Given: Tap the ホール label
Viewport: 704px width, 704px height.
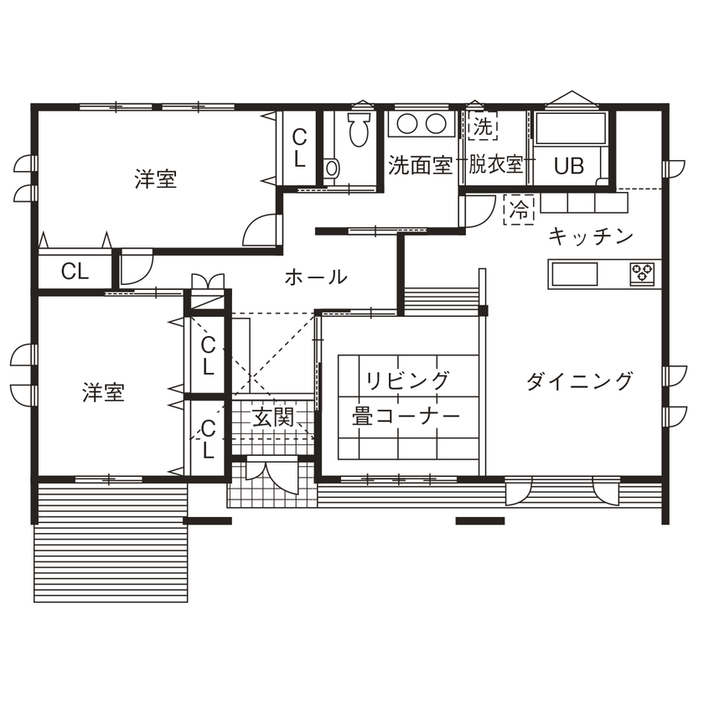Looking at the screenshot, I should click(x=316, y=277).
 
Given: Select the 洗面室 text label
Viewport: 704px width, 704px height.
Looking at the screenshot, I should click(x=420, y=165).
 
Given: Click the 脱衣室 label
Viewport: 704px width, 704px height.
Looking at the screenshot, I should click(x=496, y=165).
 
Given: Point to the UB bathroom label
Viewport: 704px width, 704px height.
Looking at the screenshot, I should click(x=568, y=166).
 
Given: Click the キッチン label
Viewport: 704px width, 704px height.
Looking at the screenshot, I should click(x=590, y=237).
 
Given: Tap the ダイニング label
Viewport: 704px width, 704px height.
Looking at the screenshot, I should click(x=579, y=382).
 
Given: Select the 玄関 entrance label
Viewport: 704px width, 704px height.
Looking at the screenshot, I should click(x=274, y=417).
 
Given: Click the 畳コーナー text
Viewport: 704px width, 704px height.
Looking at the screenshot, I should click(x=406, y=417).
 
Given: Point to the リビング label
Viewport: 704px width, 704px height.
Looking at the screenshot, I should click(x=406, y=381).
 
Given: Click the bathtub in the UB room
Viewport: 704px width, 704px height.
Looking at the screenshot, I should click(x=570, y=130).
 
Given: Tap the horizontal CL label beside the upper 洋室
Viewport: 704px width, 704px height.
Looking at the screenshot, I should click(x=75, y=271).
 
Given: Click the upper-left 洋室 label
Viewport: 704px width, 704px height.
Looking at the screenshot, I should click(x=156, y=179).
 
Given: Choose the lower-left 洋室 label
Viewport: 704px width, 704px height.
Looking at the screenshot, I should click(x=103, y=392).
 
